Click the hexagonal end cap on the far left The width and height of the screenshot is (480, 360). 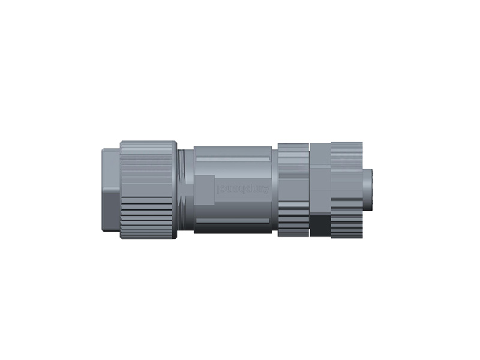pos(109,191)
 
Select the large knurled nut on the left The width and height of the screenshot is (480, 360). pos(147,191)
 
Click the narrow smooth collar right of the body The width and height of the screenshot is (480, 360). pos(275,191)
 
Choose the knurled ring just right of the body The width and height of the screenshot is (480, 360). pos(293,191)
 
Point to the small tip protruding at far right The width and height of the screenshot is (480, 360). pos(368,191)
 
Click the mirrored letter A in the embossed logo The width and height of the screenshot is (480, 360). pos(265,190)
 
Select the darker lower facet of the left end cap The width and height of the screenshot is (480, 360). pos(109,213)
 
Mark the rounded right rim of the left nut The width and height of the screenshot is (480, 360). pos(174,191)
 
